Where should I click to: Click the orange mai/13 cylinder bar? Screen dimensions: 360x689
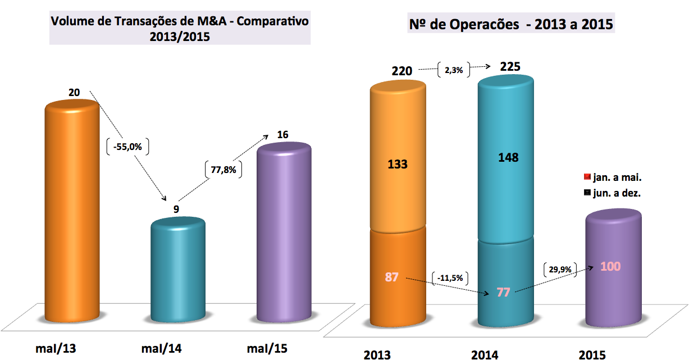(72, 213)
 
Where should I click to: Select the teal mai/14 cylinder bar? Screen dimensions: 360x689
(179, 270)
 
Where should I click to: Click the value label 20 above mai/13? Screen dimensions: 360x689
(74, 92)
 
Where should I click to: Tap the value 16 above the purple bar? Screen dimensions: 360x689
(282, 135)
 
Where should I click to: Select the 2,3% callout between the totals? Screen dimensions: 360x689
(453, 70)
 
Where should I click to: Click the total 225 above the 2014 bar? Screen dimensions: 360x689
(510, 67)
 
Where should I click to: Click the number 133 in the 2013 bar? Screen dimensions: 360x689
(398, 165)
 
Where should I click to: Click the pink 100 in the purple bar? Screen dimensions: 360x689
(610, 266)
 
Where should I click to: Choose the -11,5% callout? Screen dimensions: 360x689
(451, 277)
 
